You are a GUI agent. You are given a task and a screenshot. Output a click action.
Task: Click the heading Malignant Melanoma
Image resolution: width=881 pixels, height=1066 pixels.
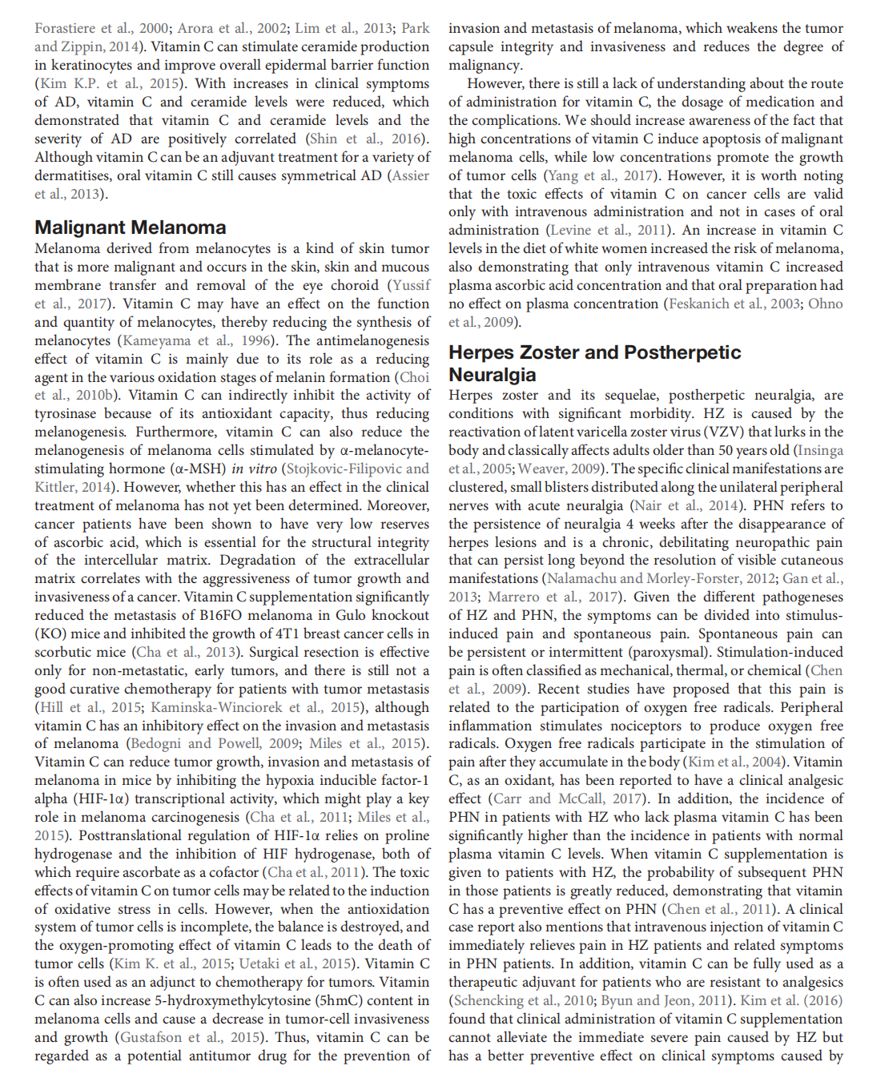(131, 227)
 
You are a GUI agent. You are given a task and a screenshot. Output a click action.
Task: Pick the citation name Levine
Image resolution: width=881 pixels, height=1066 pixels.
(572, 230)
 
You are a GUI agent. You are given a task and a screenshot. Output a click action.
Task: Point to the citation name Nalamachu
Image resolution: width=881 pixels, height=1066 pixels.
(582, 578)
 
